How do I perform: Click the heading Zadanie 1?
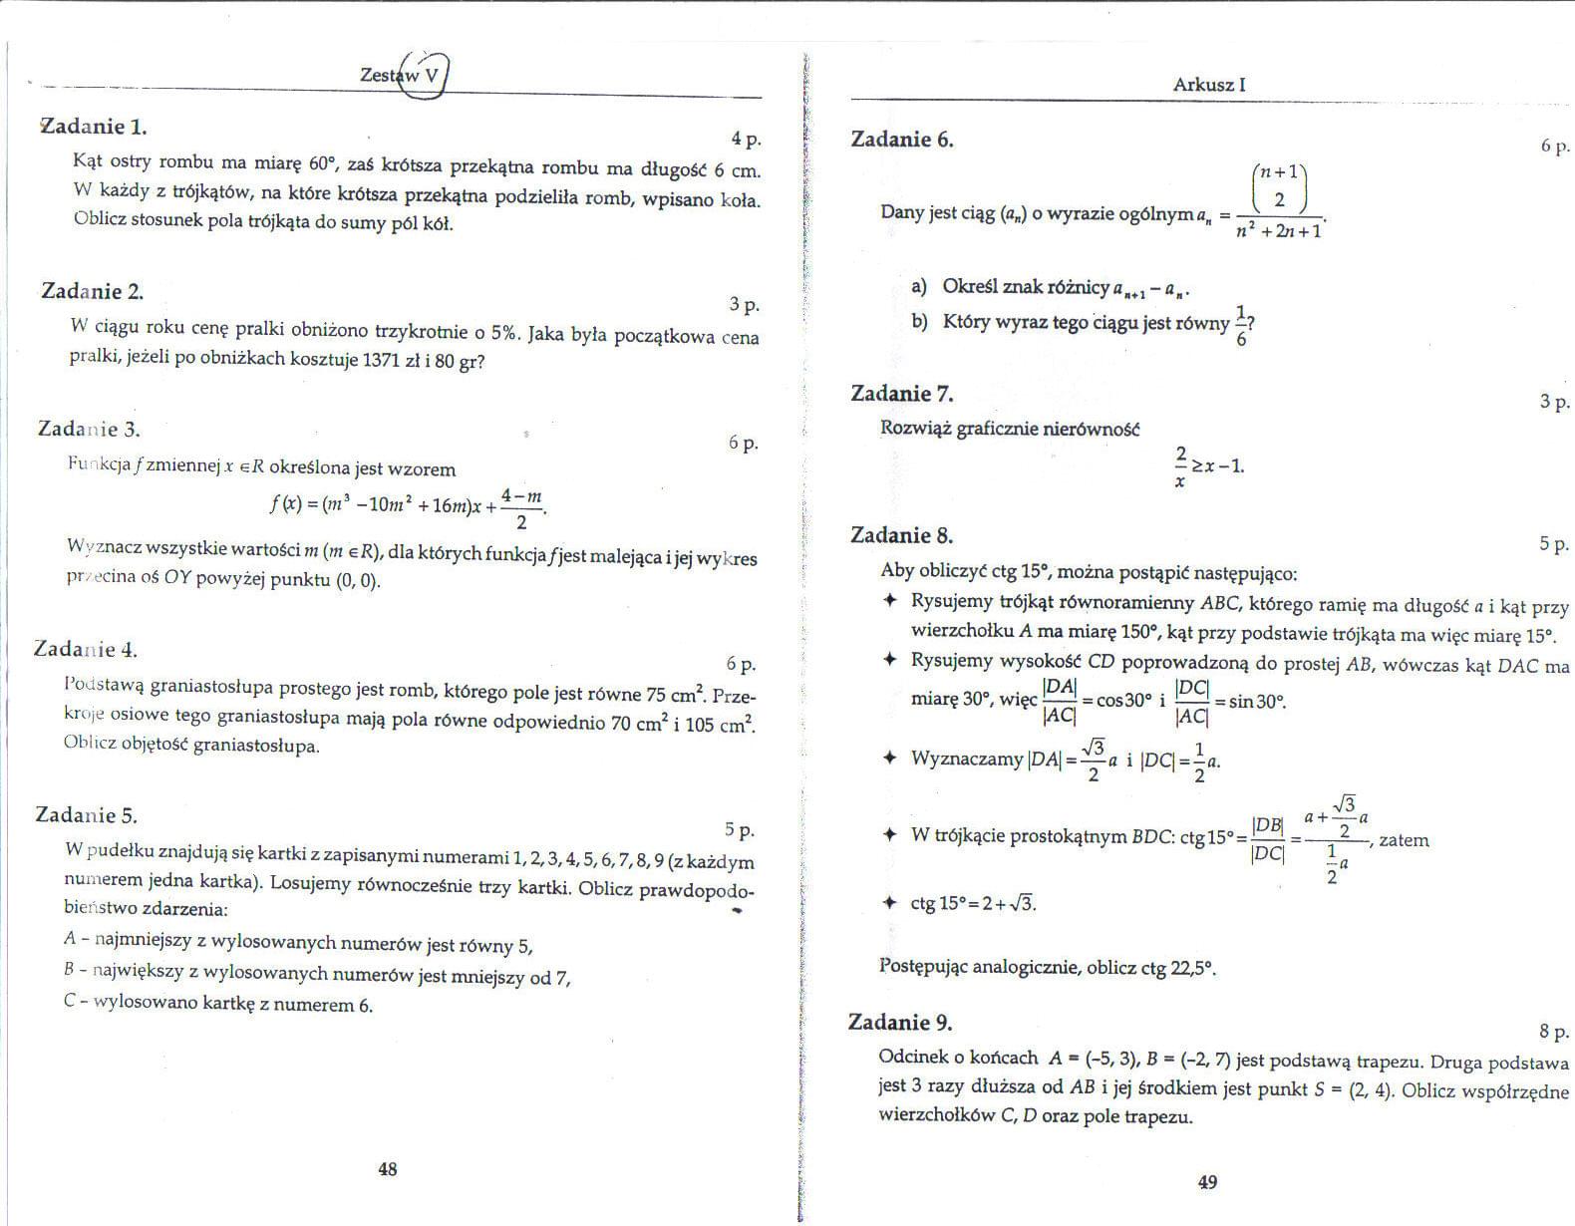pyautogui.click(x=93, y=127)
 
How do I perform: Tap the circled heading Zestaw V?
pyautogui.click(x=401, y=75)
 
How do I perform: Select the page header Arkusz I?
pyautogui.click(x=1209, y=85)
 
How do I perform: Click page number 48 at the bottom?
pyautogui.click(x=388, y=1169)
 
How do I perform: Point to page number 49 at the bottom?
pyautogui.click(x=1207, y=1183)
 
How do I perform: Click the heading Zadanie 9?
pyautogui.click(x=900, y=1022)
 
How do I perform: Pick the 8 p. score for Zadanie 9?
pyautogui.click(x=1554, y=1032)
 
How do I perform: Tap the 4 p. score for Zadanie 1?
pyautogui.click(x=745, y=139)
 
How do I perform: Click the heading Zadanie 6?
pyautogui.click(x=902, y=140)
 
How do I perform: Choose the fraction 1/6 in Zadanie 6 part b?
pyautogui.click(x=1241, y=326)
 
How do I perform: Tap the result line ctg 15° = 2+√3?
pyautogui.click(x=972, y=904)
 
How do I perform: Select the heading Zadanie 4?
pyautogui.click(x=86, y=650)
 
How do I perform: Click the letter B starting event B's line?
pyautogui.click(x=69, y=969)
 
